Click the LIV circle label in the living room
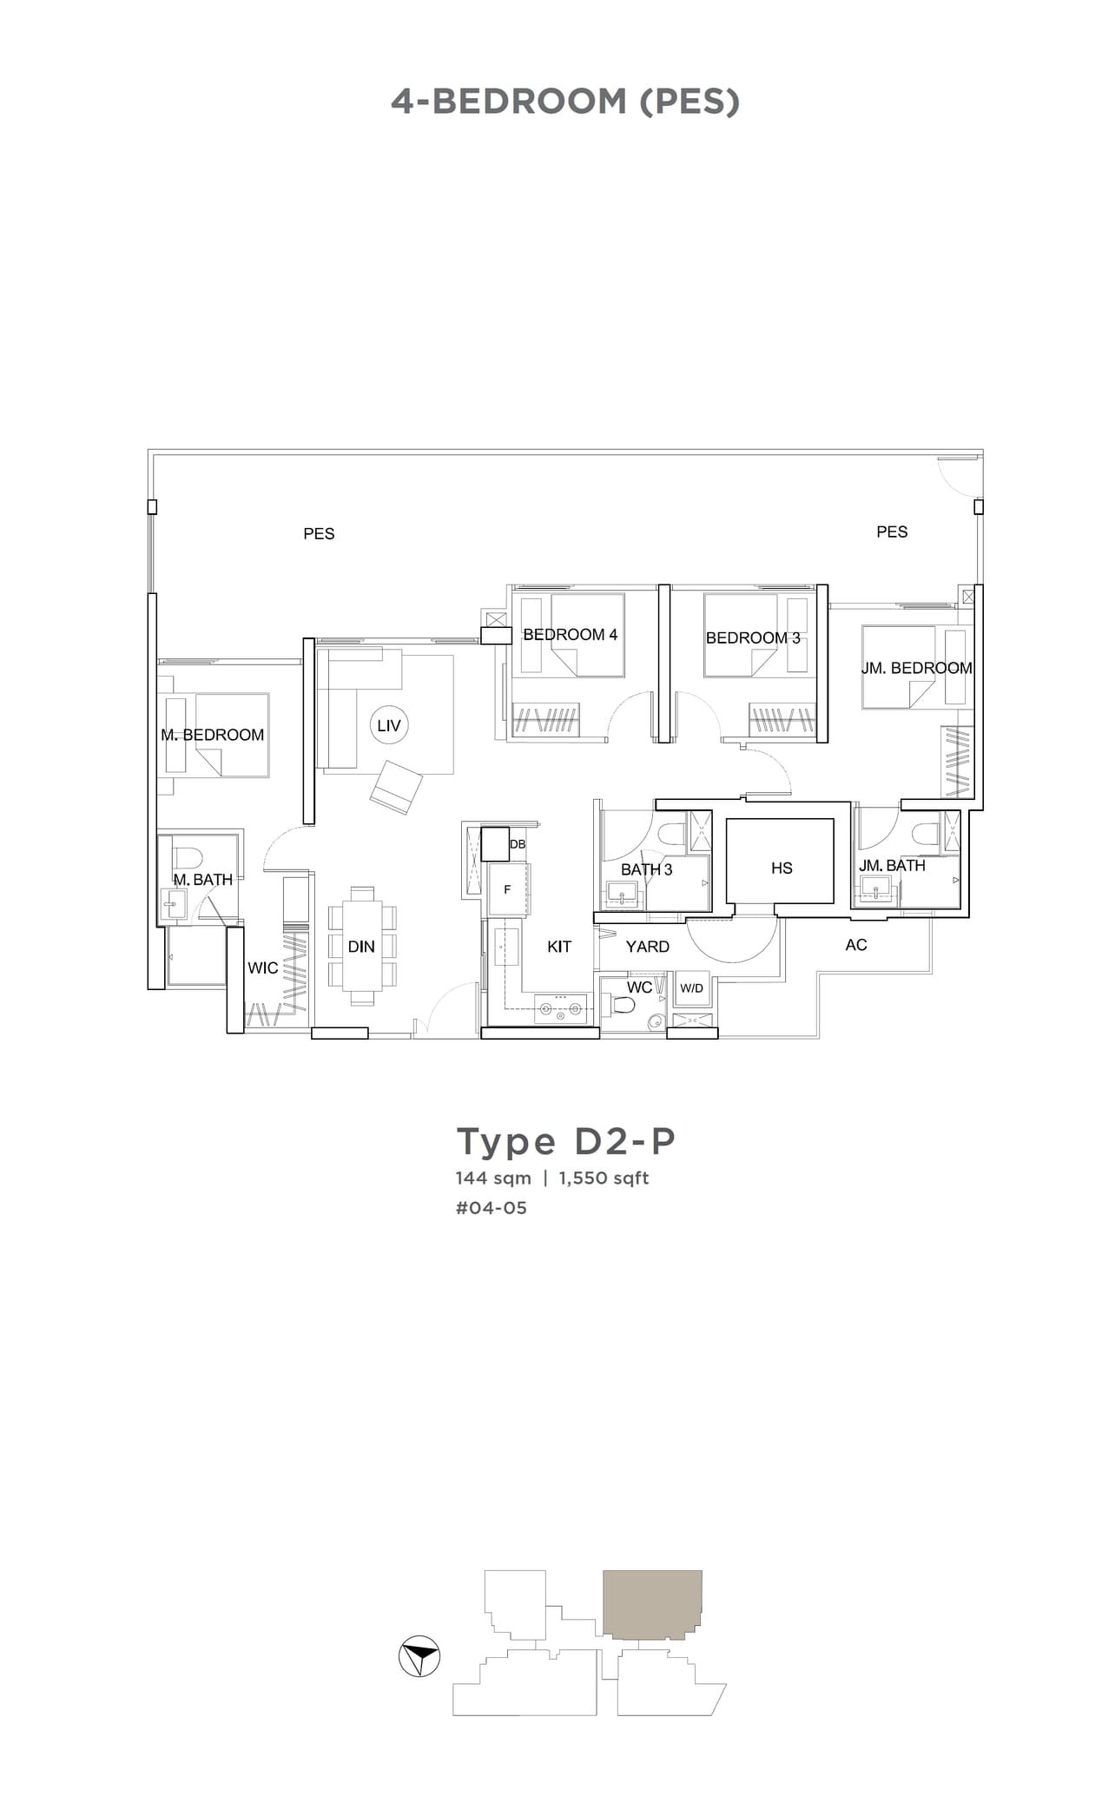(x=388, y=725)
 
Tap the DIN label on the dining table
(x=361, y=947)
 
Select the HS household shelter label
(x=781, y=868)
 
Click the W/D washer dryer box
(x=692, y=988)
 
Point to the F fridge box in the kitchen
(x=508, y=889)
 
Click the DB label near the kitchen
(x=518, y=844)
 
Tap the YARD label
(x=647, y=947)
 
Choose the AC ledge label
(x=855, y=945)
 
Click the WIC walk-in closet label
(x=262, y=968)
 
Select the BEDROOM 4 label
(x=570, y=635)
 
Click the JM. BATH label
(x=892, y=866)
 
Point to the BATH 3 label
(x=646, y=869)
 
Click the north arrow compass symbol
(x=419, y=1657)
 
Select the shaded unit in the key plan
(x=652, y=1603)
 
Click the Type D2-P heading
(x=565, y=1141)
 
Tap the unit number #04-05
(x=491, y=1208)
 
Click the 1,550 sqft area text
(x=604, y=1179)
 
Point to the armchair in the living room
(x=396, y=787)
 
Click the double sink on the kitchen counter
(x=559, y=1009)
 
